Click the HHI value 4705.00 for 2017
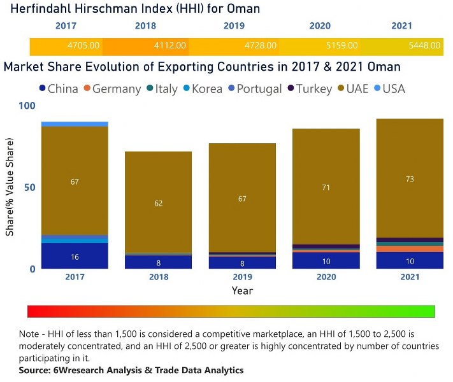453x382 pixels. [x=83, y=46]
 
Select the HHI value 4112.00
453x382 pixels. [x=170, y=46]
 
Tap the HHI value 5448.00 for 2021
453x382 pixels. [x=424, y=46]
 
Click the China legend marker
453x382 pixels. [x=42, y=89]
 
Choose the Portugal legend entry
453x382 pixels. [x=259, y=89]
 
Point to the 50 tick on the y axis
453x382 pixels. [x=29, y=188]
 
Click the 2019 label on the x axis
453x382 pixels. [x=242, y=278]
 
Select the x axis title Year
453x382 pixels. [x=242, y=291]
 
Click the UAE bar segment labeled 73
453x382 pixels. [x=410, y=179]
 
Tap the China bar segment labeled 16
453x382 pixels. [x=75, y=257]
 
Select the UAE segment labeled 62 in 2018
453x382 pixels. [x=158, y=203]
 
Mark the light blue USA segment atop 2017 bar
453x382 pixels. [x=75, y=124]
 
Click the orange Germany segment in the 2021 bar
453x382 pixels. [x=410, y=249]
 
